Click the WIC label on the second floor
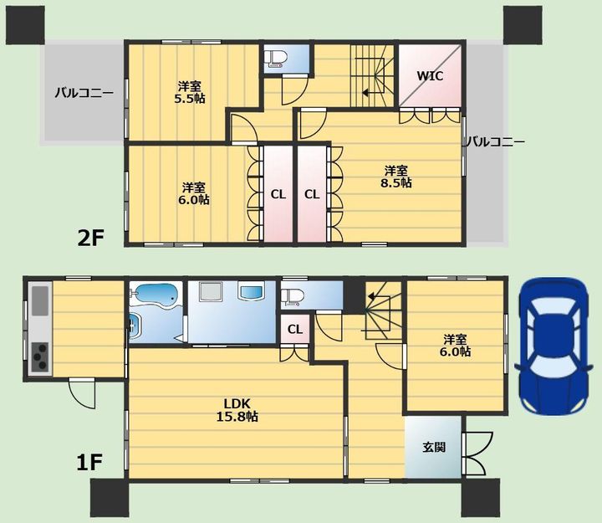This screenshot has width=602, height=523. click(x=430, y=75)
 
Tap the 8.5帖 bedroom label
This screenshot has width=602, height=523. click(x=396, y=177)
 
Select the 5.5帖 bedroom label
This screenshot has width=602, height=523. click(x=190, y=92)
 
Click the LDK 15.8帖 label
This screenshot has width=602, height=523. click(x=237, y=410)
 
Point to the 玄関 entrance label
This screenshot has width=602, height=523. click(x=434, y=447)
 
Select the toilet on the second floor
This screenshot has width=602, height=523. click(x=278, y=59)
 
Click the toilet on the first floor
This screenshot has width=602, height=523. click(x=292, y=297)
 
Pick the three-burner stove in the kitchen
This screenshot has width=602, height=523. click(x=40, y=356)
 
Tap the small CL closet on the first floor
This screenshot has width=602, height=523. click(x=295, y=329)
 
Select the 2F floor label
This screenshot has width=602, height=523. click(x=90, y=238)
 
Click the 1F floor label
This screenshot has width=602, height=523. click(x=89, y=462)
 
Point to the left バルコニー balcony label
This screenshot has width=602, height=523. click(x=84, y=93)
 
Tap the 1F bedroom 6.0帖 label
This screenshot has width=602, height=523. click(x=456, y=346)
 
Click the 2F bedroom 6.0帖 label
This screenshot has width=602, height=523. click(x=193, y=193)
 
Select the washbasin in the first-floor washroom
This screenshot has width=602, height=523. click(x=252, y=291)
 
